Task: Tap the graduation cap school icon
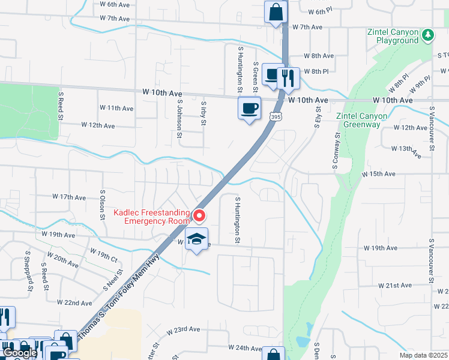(x=196, y=239)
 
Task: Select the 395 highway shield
(x=275, y=117)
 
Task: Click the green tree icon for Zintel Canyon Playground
(x=427, y=35)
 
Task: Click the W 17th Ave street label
(x=70, y=197)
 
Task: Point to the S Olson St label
(x=103, y=205)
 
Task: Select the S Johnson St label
(x=179, y=118)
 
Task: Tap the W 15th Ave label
(x=378, y=174)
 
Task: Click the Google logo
(x=19, y=353)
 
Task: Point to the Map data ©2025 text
(x=423, y=355)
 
